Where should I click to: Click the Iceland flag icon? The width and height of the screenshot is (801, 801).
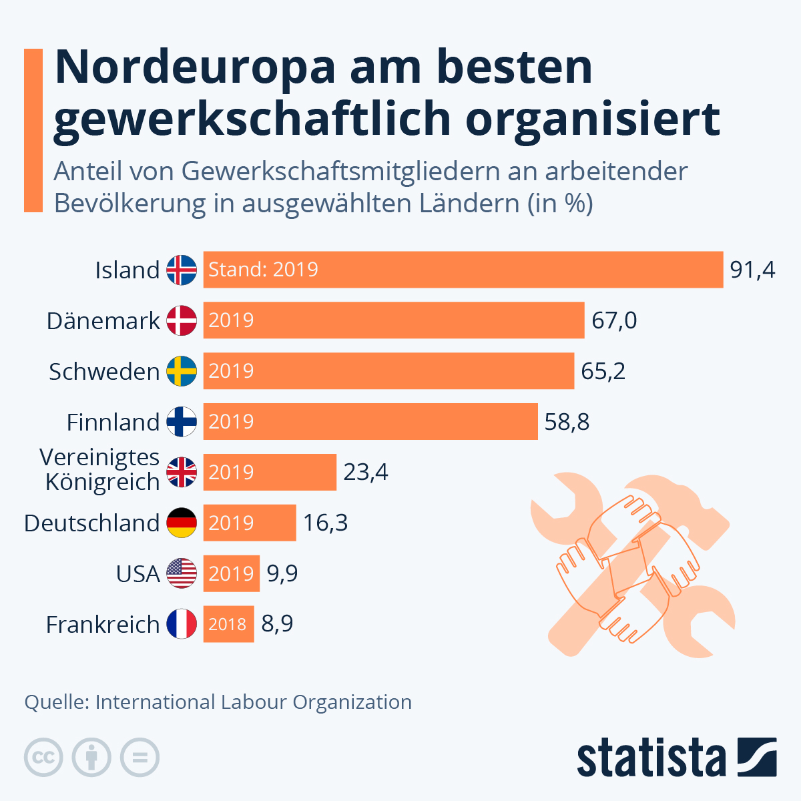pyautogui.click(x=182, y=270)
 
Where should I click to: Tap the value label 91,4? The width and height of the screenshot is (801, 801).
pyautogui.click(x=752, y=270)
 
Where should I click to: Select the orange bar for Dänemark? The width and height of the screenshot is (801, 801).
pyautogui.click(x=394, y=320)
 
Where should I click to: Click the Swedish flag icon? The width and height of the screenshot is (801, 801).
pyautogui.click(x=182, y=371)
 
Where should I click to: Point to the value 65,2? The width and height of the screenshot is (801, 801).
pyautogui.click(x=603, y=371)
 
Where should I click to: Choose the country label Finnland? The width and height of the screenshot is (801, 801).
pyautogui.click(x=113, y=423)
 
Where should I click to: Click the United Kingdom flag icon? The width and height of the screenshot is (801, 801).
pyautogui.click(x=182, y=473)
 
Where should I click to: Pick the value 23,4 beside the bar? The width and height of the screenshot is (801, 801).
pyautogui.click(x=365, y=473)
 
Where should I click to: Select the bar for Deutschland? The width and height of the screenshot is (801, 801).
pyautogui.click(x=250, y=523)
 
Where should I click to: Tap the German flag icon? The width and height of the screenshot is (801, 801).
pyautogui.click(x=182, y=523)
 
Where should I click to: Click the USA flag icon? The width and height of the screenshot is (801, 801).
pyautogui.click(x=182, y=573)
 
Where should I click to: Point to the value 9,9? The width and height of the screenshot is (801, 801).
pyautogui.click(x=282, y=573)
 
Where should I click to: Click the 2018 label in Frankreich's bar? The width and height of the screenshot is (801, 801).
pyautogui.click(x=228, y=624)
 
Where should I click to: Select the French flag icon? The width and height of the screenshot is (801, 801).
pyautogui.click(x=182, y=624)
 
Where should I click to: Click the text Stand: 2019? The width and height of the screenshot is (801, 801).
pyautogui.click(x=263, y=270)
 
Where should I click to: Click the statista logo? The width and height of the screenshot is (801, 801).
pyautogui.click(x=676, y=758)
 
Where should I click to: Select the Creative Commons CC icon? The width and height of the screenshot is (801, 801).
pyautogui.click(x=43, y=758)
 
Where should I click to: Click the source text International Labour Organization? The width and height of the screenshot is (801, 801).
pyautogui.click(x=253, y=702)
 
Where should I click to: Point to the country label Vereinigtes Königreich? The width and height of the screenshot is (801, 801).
pyautogui.click(x=100, y=469)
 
